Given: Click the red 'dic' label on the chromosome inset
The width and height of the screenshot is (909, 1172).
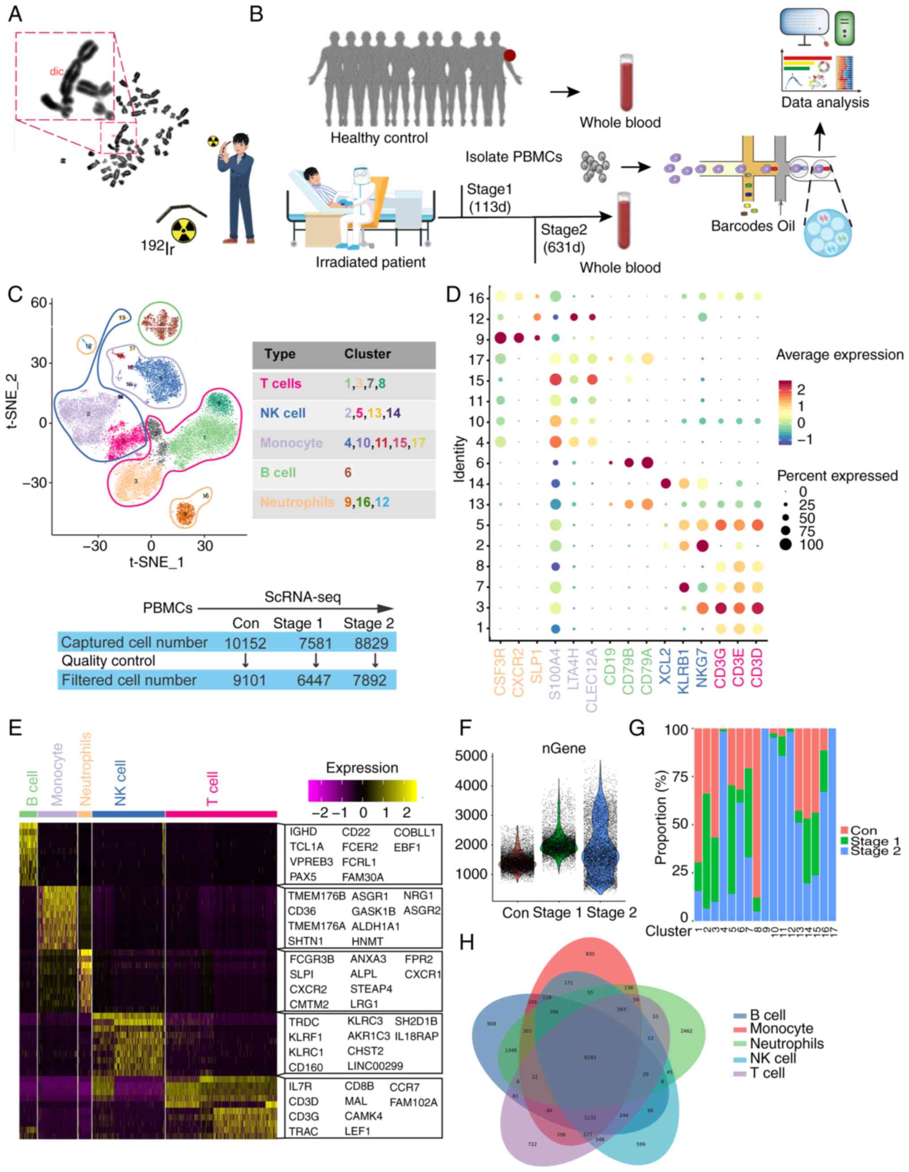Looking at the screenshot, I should click(56, 71).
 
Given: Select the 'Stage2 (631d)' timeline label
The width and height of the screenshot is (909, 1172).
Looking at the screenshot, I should click(563, 238).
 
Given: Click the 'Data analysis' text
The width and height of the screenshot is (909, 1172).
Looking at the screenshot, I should click(825, 102).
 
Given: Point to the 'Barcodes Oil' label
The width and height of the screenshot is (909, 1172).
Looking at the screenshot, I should click(752, 226).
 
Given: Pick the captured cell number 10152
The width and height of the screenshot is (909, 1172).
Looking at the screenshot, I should click(245, 643).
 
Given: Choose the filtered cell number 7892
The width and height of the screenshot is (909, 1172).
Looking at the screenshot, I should click(370, 680).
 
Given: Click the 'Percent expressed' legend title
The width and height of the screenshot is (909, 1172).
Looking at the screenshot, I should click(837, 476).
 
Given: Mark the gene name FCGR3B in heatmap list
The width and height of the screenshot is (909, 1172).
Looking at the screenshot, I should click(312, 959).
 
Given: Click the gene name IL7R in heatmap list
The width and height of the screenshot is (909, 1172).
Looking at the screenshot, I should click(300, 1086).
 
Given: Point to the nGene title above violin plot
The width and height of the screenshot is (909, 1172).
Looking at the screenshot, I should click(563, 749).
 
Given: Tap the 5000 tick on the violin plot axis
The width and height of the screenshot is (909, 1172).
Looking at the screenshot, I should click(471, 756).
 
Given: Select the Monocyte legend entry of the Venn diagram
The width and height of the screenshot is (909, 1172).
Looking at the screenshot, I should click(781, 1028).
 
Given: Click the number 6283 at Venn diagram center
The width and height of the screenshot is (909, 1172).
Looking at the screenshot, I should click(590, 1057).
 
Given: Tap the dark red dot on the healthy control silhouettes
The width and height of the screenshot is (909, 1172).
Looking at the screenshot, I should click(510, 55).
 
